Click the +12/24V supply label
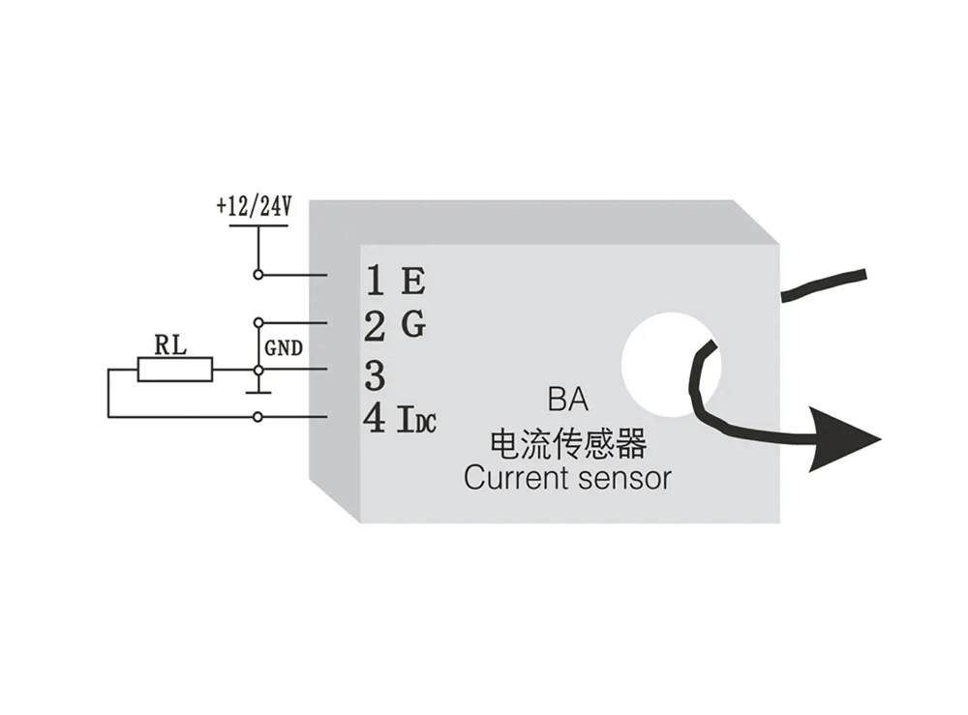pyautogui.click(x=256, y=208)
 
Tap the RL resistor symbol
pyautogui.click(x=175, y=369)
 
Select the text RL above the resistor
pyautogui.click(x=172, y=343)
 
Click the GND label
pyautogui.click(x=283, y=346)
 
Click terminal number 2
pyautogui.click(x=376, y=327)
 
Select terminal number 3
pyautogui.click(x=376, y=373)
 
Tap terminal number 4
pyautogui.click(x=376, y=419)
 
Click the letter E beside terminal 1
pyautogui.click(x=413, y=282)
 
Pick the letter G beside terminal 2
pyautogui.click(x=413, y=325)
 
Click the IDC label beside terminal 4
pyautogui.click(x=417, y=421)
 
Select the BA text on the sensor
pyautogui.click(x=568, y=399)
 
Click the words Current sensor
pyautogui.click(x=566, y=478)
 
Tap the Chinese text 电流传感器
pyautogui.click(x=568, y=444)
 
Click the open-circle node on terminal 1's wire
pyautogui.click(x=257, y=275)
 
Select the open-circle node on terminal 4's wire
pyautogui.click(x=257, y=417)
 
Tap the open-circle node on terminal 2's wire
pyautogui.click(x=257, y=322)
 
